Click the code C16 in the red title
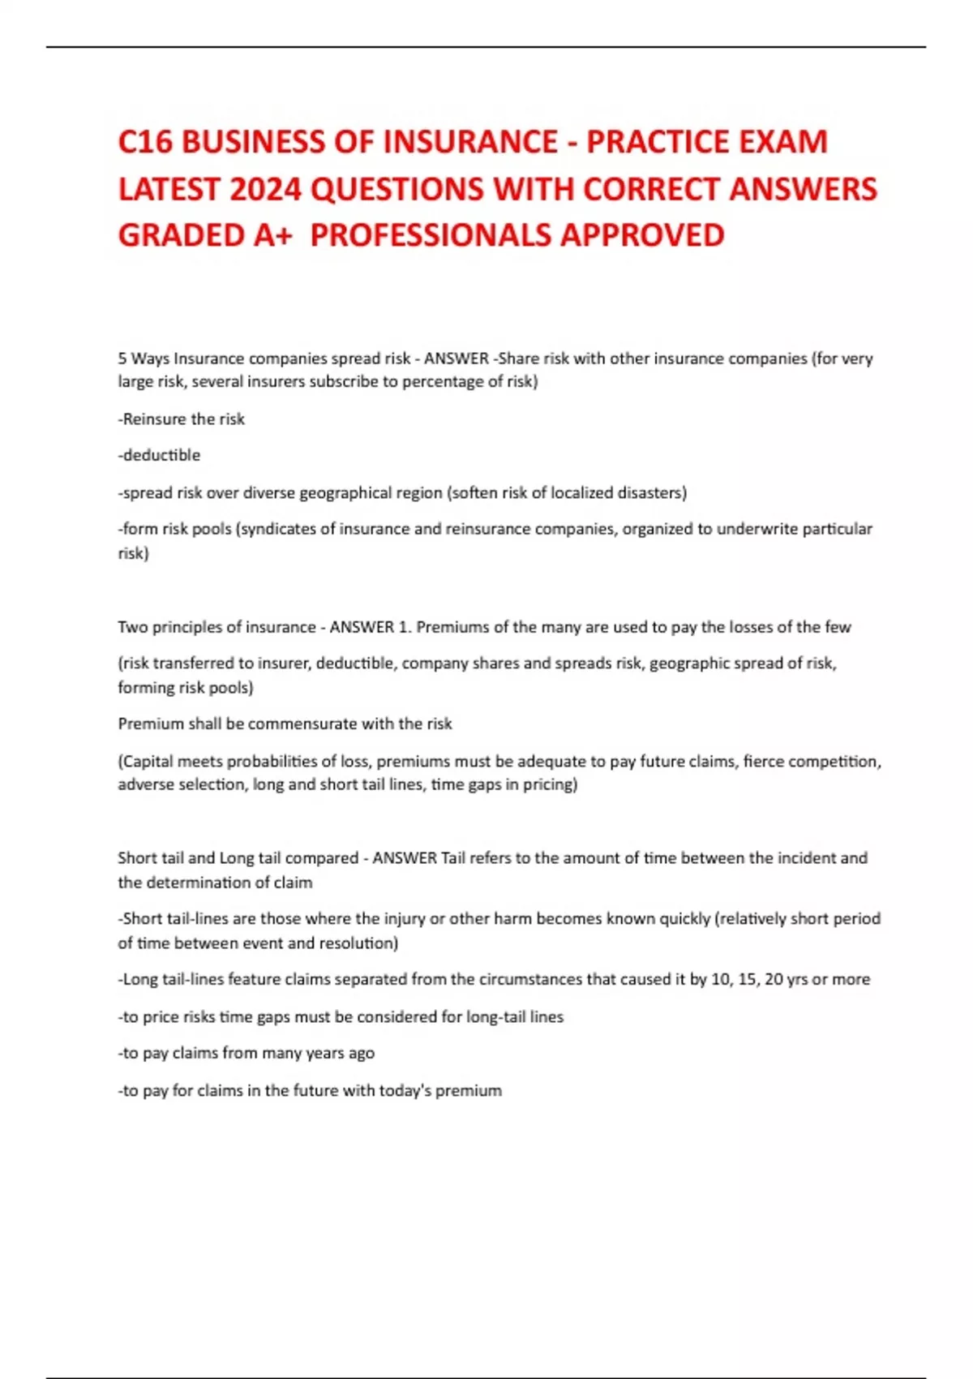coord(145,142)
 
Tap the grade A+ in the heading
coord(272,235)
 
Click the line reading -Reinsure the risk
coord(182,419)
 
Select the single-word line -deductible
coord(159,455)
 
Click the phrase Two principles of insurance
coord(216,627)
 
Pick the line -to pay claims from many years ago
coord(246,1053)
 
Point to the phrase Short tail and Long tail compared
coord(238,858)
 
